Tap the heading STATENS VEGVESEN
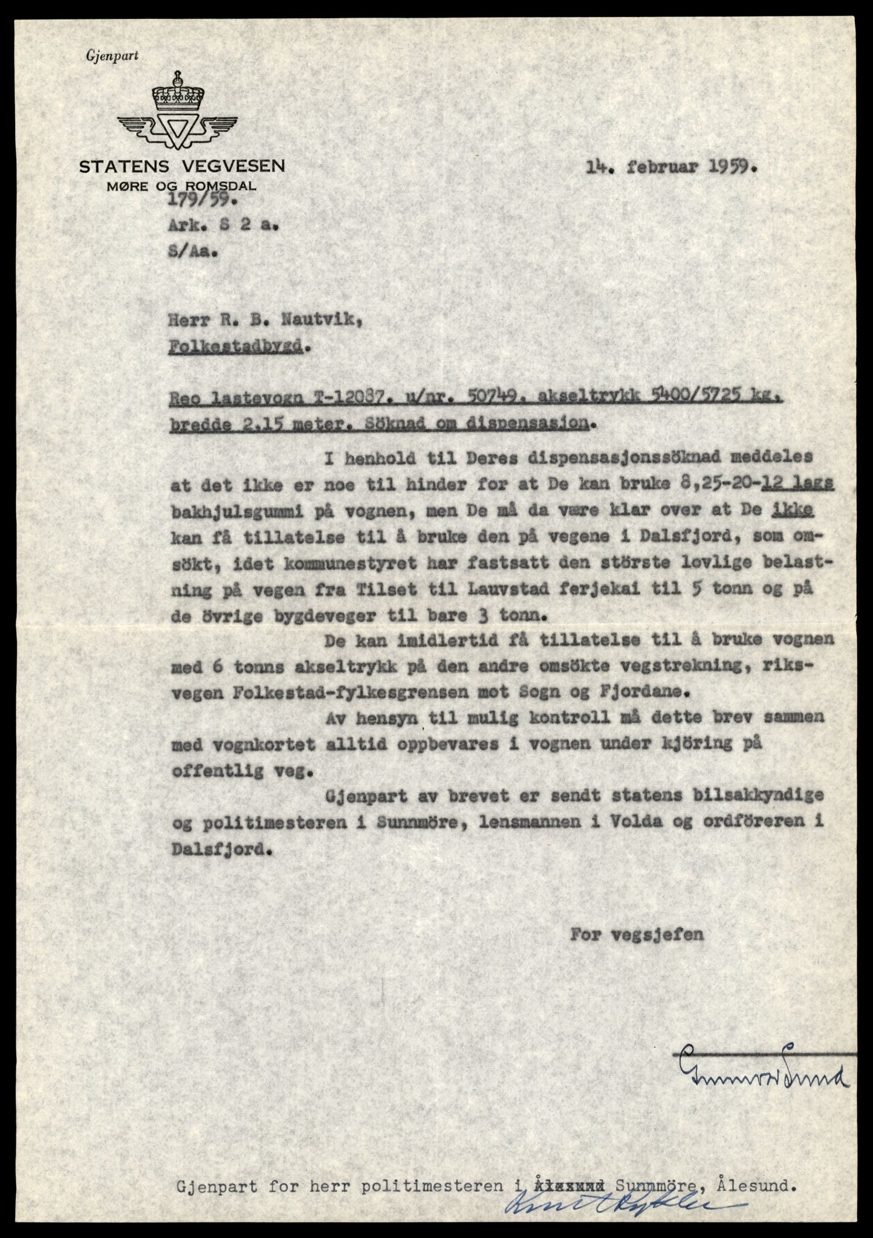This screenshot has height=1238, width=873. [x=182, y=167]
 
